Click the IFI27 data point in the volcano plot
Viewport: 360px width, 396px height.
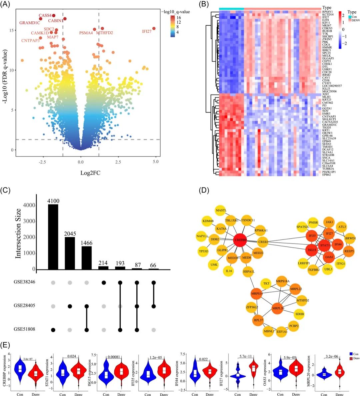154,29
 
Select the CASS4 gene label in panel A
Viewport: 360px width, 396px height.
45,16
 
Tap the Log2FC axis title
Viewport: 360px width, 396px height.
90,173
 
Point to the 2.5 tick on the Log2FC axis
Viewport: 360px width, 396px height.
118,162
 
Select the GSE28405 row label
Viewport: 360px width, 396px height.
24,305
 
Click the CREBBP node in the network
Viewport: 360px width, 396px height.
241,239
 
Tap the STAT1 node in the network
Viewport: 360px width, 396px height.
325,245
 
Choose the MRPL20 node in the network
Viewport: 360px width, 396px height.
278,308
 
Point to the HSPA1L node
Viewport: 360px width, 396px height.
249,271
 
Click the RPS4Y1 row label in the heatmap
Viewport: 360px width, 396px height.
327,12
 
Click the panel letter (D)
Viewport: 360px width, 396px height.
204,191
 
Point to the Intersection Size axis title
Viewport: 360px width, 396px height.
18,233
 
